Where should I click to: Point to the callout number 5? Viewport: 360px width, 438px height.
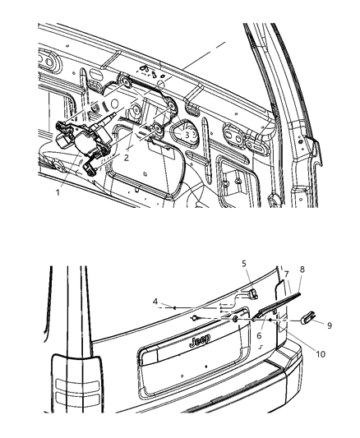coord(244,287)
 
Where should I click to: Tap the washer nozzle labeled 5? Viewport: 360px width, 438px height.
coord(252,295)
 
